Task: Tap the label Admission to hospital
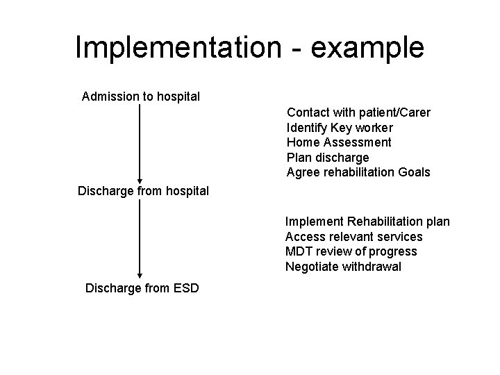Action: pos(141,96)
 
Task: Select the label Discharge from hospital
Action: pos(143,190)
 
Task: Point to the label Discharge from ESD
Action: pos(142,287)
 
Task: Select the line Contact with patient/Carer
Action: pos(358,112)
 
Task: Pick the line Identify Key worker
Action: pos(340,128)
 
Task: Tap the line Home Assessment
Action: pos(339,142)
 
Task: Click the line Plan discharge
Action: pos(328,158)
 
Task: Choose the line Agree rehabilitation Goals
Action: pos(358,172)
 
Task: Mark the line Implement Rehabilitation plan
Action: pos(367,222)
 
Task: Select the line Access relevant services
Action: pos(353,237)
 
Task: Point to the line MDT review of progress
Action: pos(351,251)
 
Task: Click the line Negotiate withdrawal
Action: pos(343,267)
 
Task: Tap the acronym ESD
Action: pos(185,287)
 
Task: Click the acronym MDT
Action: pos(297,251)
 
